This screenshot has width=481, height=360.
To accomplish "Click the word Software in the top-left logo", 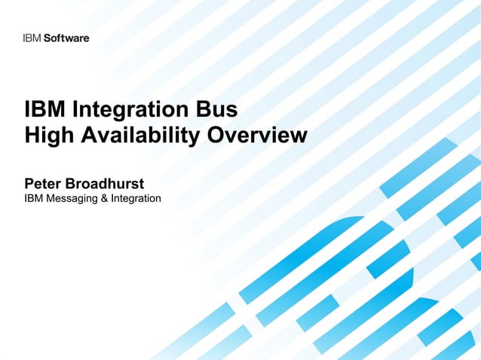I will pyautogui.click(x=66, y=38).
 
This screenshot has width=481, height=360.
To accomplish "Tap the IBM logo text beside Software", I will pyautogui.click(x=32, y=38).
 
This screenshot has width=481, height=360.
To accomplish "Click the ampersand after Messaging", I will pyautogui.click(x=104, y=198).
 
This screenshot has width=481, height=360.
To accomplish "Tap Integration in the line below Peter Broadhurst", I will pyautogui.click(x=135, y=199).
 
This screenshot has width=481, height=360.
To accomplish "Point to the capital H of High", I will pyautogui.click(x=32, y=136).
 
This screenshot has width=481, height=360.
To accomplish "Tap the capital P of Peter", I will pyautogui.click(x=29, y=183).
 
